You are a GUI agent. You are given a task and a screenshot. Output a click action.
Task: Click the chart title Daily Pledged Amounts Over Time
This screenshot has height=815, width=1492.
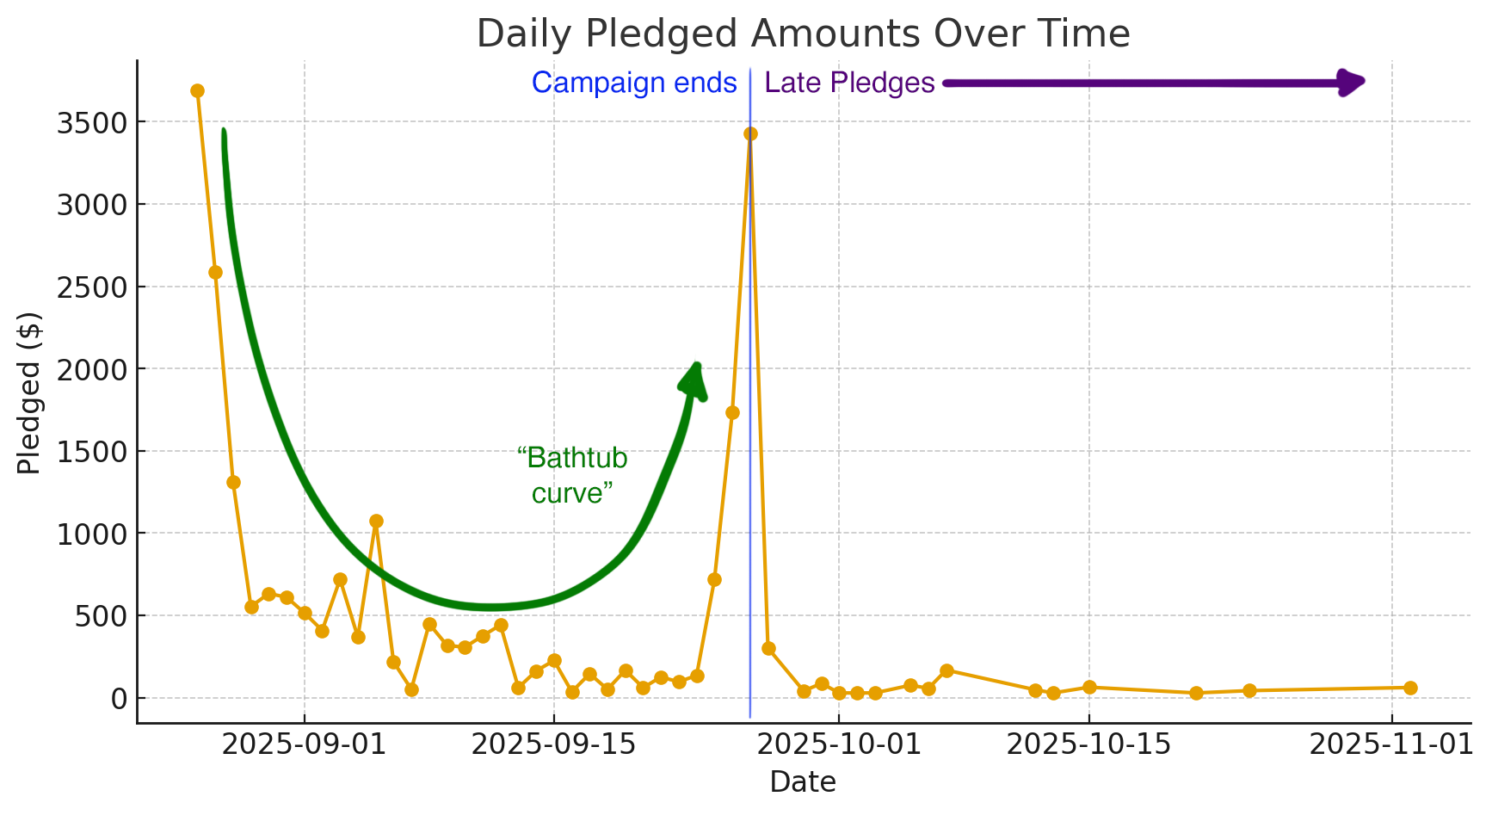[802, 34]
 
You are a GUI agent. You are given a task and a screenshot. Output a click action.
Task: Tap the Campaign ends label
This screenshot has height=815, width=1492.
[634, 83]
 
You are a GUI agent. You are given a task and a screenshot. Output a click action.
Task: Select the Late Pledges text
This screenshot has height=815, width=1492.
[848, 83]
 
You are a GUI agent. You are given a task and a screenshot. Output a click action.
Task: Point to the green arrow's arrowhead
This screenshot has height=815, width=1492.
[694, 380]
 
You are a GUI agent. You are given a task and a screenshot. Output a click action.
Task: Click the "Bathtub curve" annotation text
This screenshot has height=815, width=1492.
[572, 475]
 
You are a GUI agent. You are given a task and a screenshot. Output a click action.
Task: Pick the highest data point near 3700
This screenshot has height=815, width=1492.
[197, 90]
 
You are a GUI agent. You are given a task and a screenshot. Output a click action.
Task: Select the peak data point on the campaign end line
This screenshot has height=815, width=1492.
[750, 133]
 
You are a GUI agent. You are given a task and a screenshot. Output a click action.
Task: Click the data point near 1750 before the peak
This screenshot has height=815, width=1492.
[732, 412]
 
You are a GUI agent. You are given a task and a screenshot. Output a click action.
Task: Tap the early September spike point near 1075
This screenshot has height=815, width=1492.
[376, 521]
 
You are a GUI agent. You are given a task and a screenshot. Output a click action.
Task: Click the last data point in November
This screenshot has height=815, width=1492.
[1410, 688]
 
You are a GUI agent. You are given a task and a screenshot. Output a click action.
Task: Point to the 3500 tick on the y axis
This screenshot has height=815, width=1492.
[91, 123]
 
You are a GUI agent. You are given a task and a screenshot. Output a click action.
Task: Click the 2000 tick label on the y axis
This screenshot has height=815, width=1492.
[91, 369]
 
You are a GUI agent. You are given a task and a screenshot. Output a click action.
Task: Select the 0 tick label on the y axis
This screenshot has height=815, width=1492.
[117, 698]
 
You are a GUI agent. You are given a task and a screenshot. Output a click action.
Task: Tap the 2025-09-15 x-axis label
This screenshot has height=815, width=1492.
[553, 744]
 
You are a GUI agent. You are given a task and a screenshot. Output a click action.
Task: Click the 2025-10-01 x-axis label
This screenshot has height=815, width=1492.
[838, 744]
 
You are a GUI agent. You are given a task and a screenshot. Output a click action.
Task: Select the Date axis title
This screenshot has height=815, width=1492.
[802, 782]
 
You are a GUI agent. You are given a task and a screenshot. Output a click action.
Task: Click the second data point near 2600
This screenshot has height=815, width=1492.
[215, 272]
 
